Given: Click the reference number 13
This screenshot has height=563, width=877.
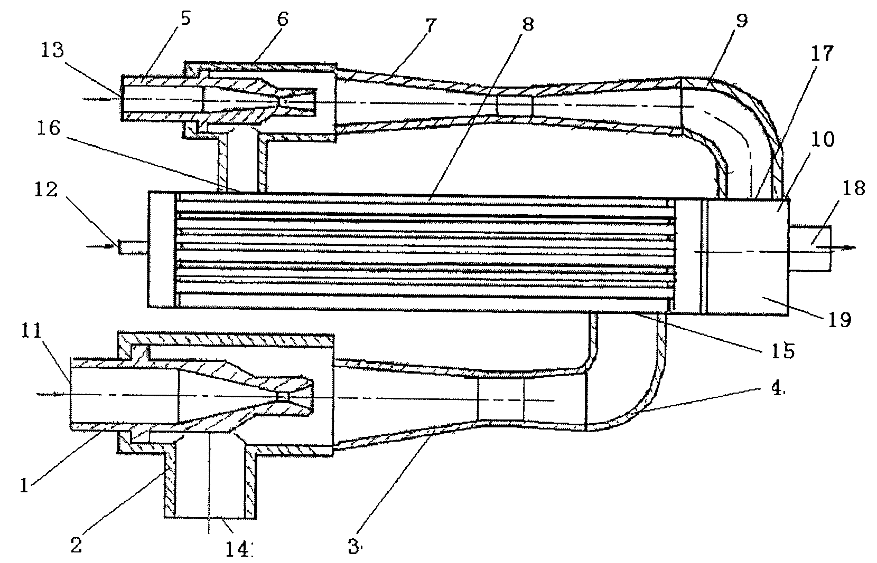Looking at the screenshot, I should pos(53,51).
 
